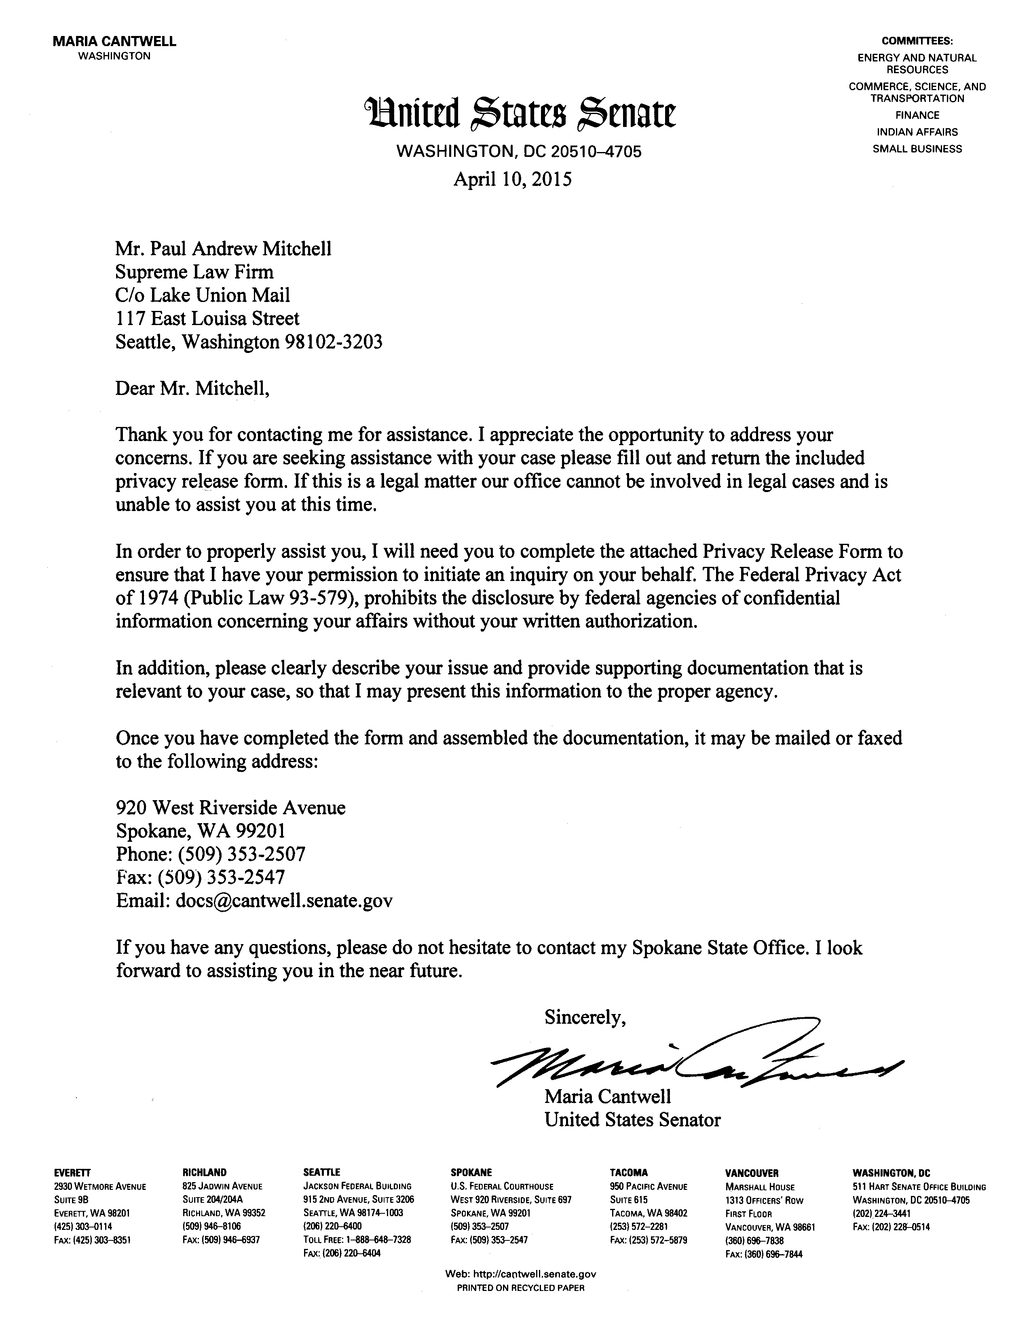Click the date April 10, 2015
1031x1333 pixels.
point(512,180)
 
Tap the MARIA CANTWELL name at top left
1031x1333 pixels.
point(115,42)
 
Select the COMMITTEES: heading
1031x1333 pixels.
point(917,42)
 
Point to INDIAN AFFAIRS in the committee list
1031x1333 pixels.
point(917,132)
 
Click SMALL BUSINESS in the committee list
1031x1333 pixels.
point(917,149)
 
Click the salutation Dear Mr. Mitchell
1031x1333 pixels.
point(192,388)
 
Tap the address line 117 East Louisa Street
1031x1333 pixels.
point(207,319)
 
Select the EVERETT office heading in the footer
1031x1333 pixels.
point(72,1172)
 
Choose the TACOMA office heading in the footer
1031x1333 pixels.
point(628,1172)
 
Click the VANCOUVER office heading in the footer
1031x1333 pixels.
point(752,1173)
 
